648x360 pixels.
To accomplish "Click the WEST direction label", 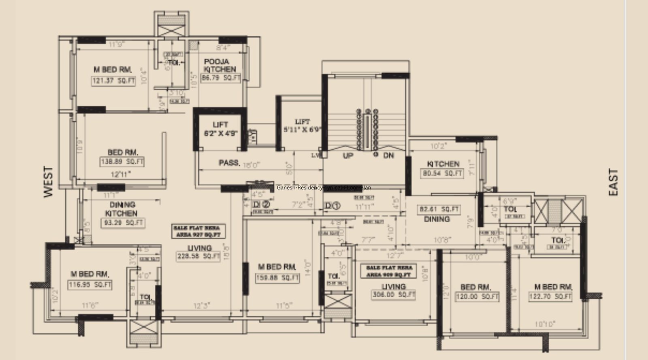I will (x=48, y=182).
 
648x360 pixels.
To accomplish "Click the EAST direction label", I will (x=614, y=183).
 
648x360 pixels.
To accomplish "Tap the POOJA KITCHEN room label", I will (x=219, y=65).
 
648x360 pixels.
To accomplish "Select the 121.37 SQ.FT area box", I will (x=113, y=81).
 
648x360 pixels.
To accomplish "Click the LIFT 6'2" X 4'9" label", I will (x=220, y=128).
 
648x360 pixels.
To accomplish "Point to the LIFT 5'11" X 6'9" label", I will (x=302, y=126).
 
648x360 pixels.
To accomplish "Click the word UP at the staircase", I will (x=347, y=156).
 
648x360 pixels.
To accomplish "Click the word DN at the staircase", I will (x=388, y=156).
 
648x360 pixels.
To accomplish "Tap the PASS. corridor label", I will (x=229, y=163).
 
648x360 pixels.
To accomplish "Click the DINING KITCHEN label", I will (x=122, y=209).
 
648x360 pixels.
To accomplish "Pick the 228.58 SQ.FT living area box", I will (x=198, y=256).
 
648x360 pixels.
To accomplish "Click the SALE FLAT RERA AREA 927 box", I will (x=199, y=231).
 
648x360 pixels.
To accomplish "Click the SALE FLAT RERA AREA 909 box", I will (x=389, y=271).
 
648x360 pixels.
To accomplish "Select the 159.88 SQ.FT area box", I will (x=277, y=278).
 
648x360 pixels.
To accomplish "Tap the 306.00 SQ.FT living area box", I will (x=393, y=295).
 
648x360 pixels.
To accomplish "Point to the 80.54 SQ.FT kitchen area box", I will (x=442, y=173).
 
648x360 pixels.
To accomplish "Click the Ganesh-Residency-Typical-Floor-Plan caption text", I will (x=324, y=188).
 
